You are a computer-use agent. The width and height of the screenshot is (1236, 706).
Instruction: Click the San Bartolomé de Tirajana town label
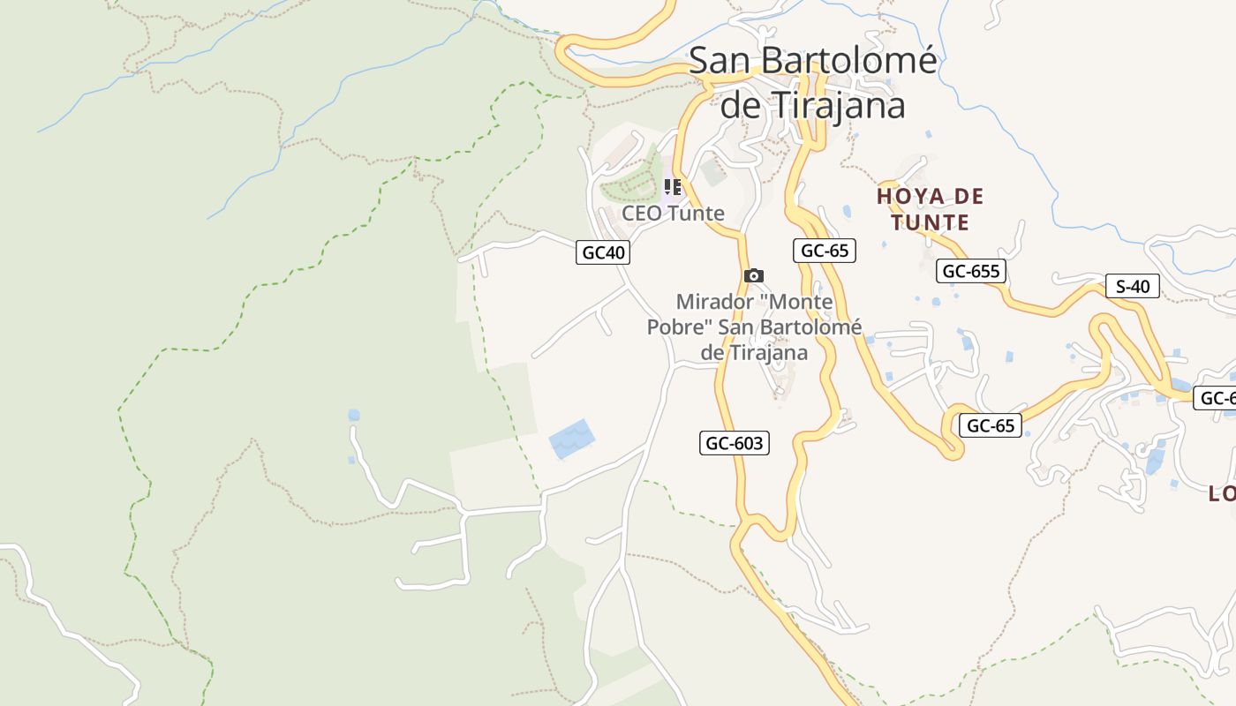(812, 82)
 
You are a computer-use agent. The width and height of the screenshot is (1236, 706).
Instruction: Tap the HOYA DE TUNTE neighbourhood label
(930, 209)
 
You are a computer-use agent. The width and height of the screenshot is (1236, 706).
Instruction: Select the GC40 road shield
(603, 252)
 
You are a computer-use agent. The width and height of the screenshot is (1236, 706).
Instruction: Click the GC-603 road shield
(735, 443)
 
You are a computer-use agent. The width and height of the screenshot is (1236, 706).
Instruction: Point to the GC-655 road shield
(971, 271)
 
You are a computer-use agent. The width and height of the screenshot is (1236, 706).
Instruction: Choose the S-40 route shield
(1133, 286)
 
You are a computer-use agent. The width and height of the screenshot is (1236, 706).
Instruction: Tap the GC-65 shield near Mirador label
(824, 251)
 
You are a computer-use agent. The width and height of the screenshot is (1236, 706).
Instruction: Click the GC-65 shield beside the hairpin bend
(990, 425)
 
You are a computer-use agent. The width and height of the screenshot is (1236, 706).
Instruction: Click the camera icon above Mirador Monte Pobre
(753, 276)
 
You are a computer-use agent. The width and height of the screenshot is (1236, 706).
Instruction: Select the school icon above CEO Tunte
(673, 187)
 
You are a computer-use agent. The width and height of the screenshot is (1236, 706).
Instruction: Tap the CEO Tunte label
(673, 213)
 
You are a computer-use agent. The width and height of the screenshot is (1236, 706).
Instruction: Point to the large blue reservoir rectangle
(571, 439)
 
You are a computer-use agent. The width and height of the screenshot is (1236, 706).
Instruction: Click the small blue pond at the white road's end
(354, 415)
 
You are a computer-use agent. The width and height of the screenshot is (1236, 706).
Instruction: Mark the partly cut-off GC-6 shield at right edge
(1216, 398)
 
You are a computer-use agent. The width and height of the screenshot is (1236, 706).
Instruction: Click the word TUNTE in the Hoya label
(930, 222)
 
